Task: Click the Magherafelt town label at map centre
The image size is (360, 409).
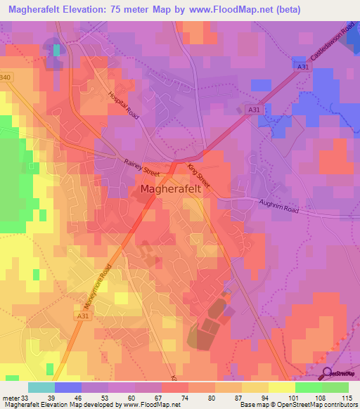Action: coord(174,189)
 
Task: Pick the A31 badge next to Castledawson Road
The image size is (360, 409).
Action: coord(302,67)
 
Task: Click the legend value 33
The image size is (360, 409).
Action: coord(27,397)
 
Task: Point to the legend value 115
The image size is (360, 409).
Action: coord(347,397)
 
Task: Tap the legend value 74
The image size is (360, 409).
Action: coord(188,397)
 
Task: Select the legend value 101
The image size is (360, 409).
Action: coord(295,397)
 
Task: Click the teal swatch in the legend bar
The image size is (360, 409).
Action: coord(41,387)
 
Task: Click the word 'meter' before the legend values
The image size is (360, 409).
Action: coord(11,397)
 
